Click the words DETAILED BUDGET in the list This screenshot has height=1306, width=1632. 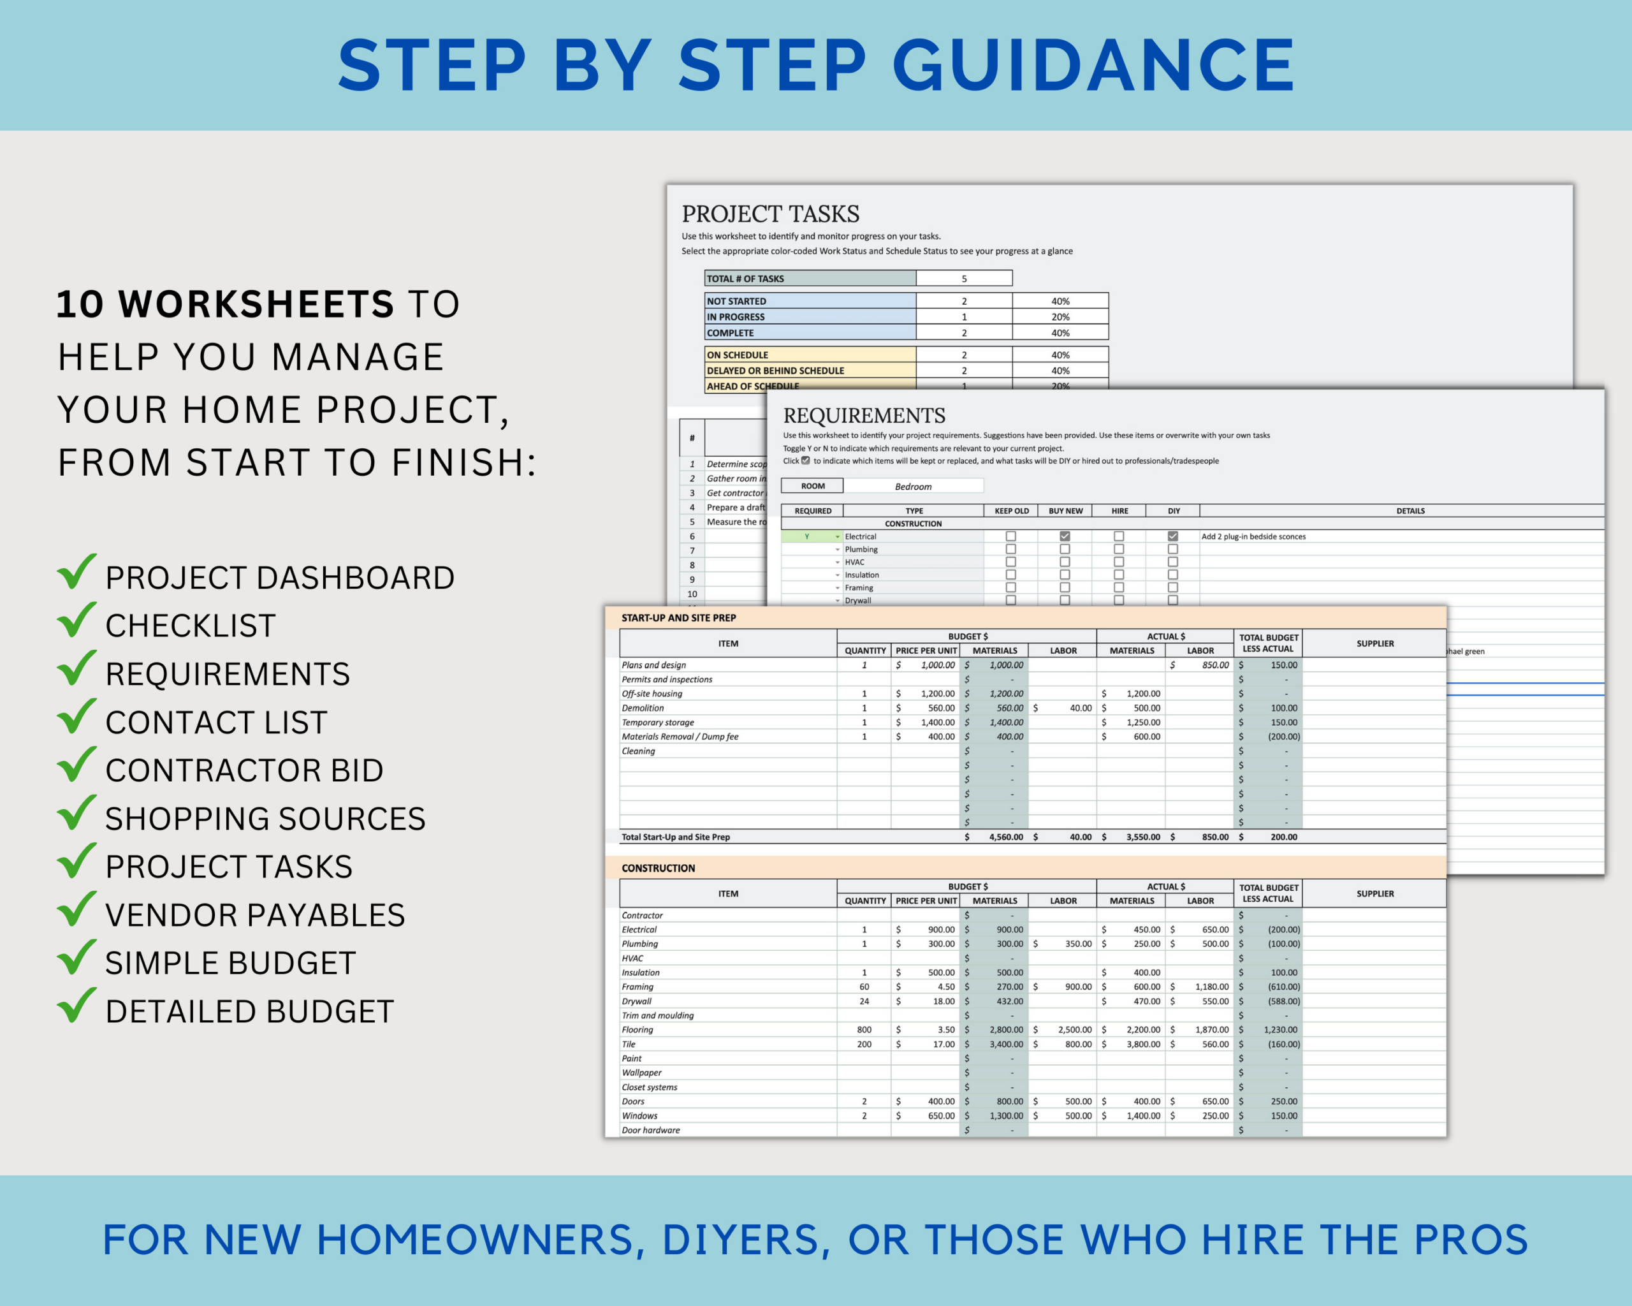point(249,1012)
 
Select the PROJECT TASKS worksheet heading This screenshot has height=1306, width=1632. point(770,214)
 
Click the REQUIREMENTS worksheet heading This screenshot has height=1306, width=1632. point(864,416)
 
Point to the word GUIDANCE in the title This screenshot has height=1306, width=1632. point(1093,66)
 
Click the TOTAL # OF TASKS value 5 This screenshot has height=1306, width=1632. point(964,279)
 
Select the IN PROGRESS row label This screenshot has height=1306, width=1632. point(735,317)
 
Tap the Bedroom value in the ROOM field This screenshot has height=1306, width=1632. point(913,487)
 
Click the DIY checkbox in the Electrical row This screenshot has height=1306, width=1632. point(1172,536)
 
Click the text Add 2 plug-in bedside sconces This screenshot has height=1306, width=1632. point(1253,537)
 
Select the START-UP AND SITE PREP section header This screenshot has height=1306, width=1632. point(678,618)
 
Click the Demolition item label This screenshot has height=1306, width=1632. point(643,708)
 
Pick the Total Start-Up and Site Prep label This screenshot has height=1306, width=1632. point(675,837)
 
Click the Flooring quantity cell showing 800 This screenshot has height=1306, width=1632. point(864,1030)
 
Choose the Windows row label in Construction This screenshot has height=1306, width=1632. point(639,1116)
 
